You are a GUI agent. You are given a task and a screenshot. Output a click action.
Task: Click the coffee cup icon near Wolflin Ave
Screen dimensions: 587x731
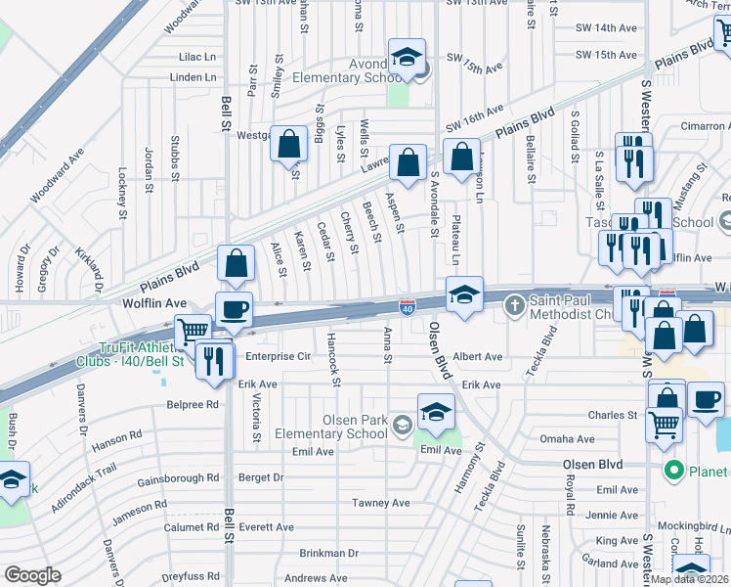(234, 310)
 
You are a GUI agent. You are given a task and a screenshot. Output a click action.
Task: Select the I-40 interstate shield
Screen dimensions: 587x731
(407, 308)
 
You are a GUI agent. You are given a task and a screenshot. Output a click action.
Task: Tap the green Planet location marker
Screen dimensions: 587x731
(672, 472)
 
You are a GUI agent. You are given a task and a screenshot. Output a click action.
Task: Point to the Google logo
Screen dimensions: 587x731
(32, 575)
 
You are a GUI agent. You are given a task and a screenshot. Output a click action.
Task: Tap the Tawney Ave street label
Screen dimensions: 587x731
(380, 503)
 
